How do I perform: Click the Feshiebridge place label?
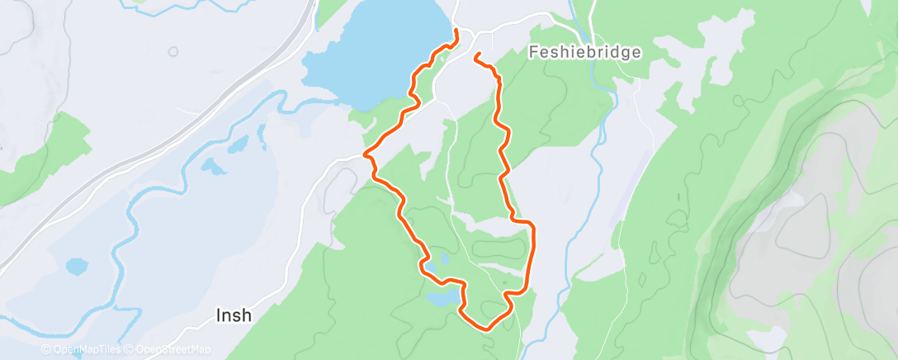pyautogui.click(x=584, y=52)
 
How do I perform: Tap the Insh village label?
pyautogui.click(x=234, y=315)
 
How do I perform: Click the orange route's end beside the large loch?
pyautogui.click(x=456, y=31)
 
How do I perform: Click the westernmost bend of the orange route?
pyautogui.click(x=366, y=154)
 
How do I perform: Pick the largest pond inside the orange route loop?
pyautogui.click(x=442, y=296)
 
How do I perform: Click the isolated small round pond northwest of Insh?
pyautogui.click(x=76, y=267)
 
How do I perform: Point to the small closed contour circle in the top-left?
pyautogui.click(x=173, y=51)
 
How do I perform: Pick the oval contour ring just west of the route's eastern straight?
pyautogui.click(x=499, y=247)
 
